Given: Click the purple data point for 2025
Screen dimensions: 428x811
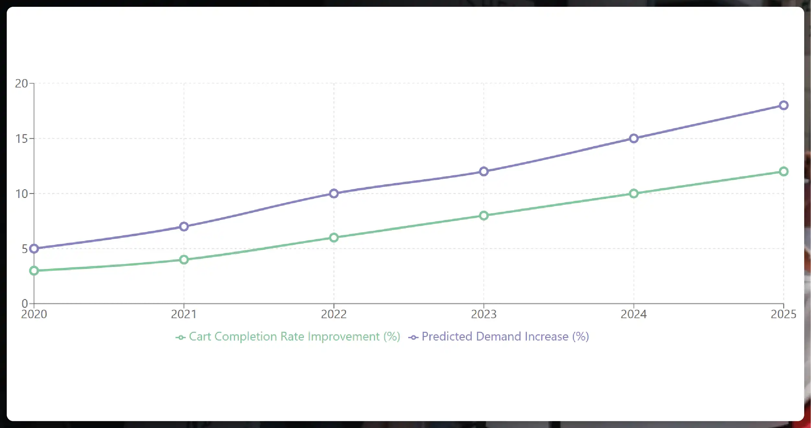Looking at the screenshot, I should pyautogui.click(x=783, y=105).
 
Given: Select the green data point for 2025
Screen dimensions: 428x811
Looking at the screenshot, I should pyautogui.click(x=783, y=171).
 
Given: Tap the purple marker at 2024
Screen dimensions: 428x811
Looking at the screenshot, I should pyautogui.click(x=634, y=138).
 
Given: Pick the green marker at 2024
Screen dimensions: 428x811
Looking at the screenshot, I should pyautogui.click(x=634, y=193).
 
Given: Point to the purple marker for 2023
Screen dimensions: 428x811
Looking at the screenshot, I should pyautogui.click(x=484, y=171).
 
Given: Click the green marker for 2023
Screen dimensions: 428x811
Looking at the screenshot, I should pyautogui.click(x=484, y=215).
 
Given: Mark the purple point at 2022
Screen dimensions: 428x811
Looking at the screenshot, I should pyautogui.click(x=334, y=193).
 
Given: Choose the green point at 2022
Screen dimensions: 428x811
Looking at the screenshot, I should pyautogui.click(x=334, y=237).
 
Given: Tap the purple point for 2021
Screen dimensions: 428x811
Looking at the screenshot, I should pyautogui.click(x=184, y=226).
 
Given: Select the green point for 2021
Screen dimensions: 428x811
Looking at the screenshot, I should pyautogui.click(x=184, y=260).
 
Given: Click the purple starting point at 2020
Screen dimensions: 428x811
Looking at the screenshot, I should pyautogui.click(x=34, y=249).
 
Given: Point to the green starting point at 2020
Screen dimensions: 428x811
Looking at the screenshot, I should pyautogui.click(x=34, y=271).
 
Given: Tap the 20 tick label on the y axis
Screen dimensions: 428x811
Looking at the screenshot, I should pyautogui.click(x=21, y=84).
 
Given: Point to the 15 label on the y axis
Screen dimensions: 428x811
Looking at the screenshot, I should pyautogui.click(x=21, y=139).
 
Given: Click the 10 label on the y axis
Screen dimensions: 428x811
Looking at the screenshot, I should pyautogui.click(x=21, y=194).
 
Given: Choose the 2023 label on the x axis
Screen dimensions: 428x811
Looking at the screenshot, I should pyautogui.click(x=484, y=314).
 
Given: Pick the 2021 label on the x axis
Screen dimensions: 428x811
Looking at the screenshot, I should pyautogui.click(x=184, y=314).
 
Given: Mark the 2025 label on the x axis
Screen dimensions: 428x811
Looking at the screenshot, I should pyautogui.click(x=783, y=314).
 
